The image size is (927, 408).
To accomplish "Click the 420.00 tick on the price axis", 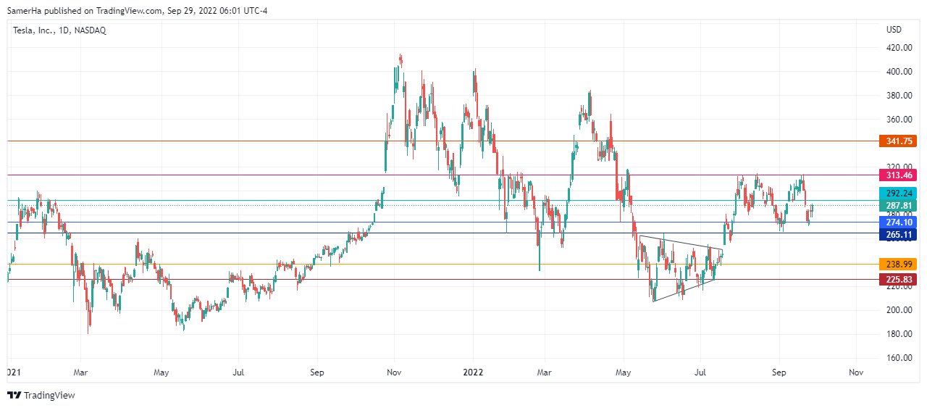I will (899, 48).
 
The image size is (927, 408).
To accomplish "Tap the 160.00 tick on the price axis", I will (899, 358).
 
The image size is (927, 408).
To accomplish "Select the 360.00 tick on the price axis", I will (899, 120).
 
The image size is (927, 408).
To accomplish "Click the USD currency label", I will (894, 30).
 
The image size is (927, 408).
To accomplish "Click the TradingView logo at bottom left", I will (41, 395).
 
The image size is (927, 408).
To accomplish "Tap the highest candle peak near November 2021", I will (400, 55).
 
